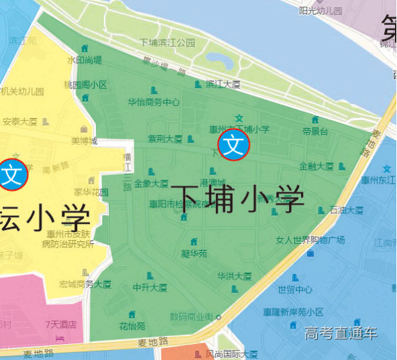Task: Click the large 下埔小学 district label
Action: (x=237, y=199)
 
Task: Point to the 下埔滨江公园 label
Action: (x=167, y=42)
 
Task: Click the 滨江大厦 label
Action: (x=223, y=84)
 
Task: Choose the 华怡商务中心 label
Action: (x=154, y=103)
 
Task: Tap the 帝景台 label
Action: (x=315, y=131)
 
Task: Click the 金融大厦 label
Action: (x=316, y=166)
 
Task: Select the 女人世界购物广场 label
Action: (x=310, y=240)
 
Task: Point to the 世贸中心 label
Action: (x=295, y=290)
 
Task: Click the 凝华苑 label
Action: (x=194, y=253)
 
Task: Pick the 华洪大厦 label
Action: (x=234, y=276)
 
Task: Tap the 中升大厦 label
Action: (x=150, y=288)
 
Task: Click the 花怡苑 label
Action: (x=132, y=326)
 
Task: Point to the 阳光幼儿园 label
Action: (x=321, y=11)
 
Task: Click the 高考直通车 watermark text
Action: (x=341, y=333)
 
